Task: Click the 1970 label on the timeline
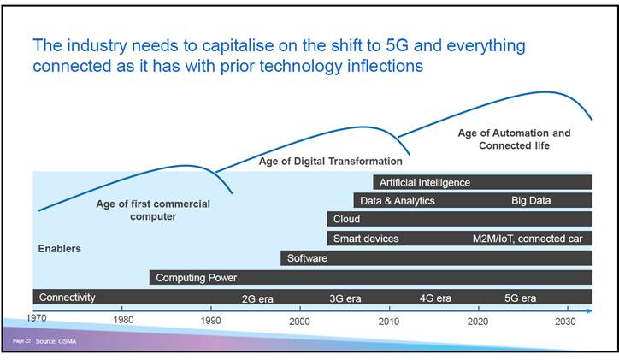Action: pyautogui.click(x=36, y=318)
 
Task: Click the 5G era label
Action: pyautogui.click(x=520, y=298)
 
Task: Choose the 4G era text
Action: pyautogui.click(x=435, y=298)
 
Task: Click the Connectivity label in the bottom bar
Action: pyautogui.click(x=68, y=298)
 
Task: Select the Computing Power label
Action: pyautogui.click(x=196, y=278)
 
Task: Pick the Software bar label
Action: pyautogui.click(x=307, y=258)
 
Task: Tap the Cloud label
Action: pyautogui.click(x=346, y=220)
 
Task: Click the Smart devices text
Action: pyautogui.click(x=366, y=239)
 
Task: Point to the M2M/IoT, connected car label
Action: pyautogui.click(x=527, y=239)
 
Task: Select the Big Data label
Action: pyautogui.click(x=531, y=201)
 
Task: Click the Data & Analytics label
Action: pyautogui.click(x=398, y=201)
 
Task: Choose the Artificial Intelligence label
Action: pyautogui.click(x=425, y=182)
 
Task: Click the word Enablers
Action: pyautogui.click(x=60, y=249)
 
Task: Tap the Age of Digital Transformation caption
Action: pyautogui.click(x=330, y=161)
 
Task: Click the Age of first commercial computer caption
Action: pyautogui.click(x=152, y=210)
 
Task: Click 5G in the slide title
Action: pyautogui.click(x=400, y=45)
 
